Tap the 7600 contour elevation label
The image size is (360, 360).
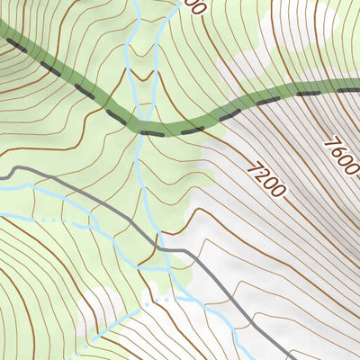(x=343, y=157)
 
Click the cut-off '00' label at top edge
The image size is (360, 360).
(x=193, y=6)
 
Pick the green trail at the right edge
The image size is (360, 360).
(x=356, y=88)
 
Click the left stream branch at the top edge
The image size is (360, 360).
(x=135, y=4)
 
